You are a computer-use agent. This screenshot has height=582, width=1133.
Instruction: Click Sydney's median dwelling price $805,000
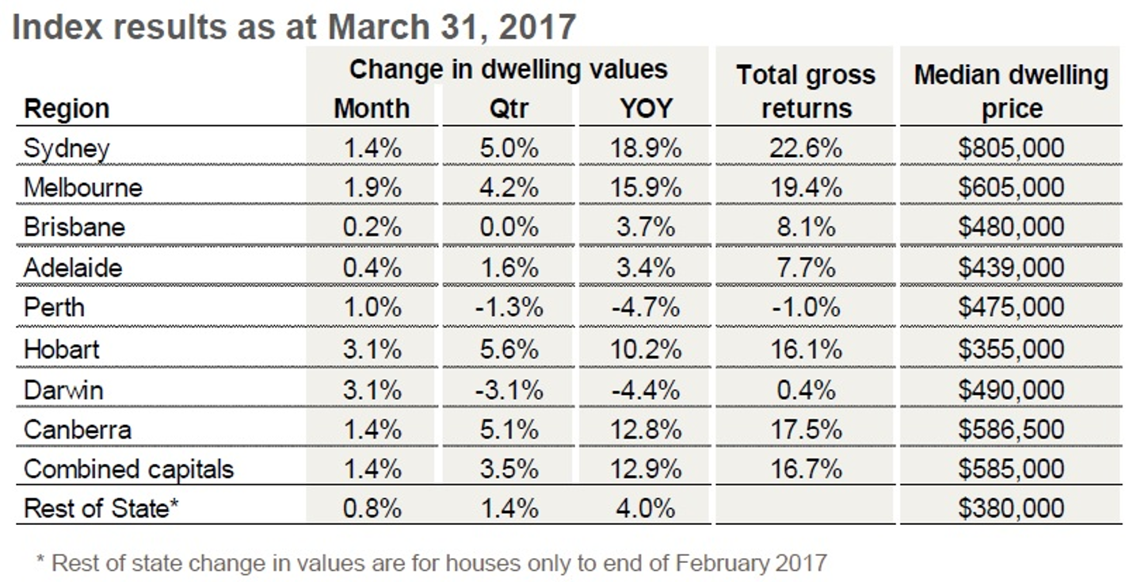tap(1010, 147)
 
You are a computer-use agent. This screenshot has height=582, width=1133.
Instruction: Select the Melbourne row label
tap(83, 188)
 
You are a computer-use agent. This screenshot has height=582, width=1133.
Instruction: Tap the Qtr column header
tap(508, 108)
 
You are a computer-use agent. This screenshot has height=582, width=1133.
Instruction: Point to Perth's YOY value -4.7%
tap(646, 308)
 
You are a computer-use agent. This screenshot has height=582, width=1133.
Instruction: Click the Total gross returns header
tap(806, 91)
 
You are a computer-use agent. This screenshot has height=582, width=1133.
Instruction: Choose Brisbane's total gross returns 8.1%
tap(806, 228)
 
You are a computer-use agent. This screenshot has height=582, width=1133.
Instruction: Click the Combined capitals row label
tap(128, 469)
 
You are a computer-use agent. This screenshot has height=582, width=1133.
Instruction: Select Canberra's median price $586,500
tap(1010, 429)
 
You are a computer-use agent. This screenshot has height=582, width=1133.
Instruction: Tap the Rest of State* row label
tap(101, 508)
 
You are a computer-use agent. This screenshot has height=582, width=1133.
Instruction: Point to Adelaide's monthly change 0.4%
tap(372, 267)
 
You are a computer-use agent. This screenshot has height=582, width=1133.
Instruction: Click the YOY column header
tap(646, 108)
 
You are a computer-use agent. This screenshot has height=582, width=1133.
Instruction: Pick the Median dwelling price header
tap(1011, 91)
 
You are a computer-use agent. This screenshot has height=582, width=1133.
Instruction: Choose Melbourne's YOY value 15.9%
tap(646, 188)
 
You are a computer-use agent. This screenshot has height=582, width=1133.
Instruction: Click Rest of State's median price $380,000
tap(1010, 508)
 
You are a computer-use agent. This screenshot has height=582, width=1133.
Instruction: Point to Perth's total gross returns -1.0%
tap(806, 308)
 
